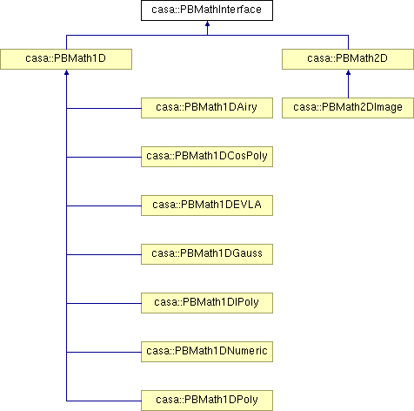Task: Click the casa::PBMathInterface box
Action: click(x=207, y=10)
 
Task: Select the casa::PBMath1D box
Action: click(x=66, y=59)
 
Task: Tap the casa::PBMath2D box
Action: click(x=348, y=59)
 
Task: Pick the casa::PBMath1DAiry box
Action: click(x=207, y=108)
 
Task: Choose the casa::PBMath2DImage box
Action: click(x=348, y=108)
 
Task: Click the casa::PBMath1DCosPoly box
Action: click(x=207, y=157)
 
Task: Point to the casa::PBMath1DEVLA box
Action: click(x=207, y=205)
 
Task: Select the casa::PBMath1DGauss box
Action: click(x=207, y=254)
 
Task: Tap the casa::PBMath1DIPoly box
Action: click(x=207, y=303)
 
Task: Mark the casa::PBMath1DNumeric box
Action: click(x=207, y=352)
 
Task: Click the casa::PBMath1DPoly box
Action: click(x=207, y=401)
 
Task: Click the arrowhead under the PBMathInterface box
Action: click(x=207, y=24)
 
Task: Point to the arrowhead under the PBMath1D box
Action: click(x=66, y=72)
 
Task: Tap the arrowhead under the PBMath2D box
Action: click(x=348, y=72)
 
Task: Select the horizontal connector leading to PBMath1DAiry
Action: click(x=103, y=108)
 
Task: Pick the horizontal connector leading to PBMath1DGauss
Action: click(x=103, y=254)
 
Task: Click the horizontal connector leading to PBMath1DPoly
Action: click(x=103, y=401)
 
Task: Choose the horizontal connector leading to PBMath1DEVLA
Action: click(x=103, y=205)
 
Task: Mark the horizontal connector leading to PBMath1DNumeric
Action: click(x=103, y=352)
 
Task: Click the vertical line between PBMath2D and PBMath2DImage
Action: click(x=348, y=86)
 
